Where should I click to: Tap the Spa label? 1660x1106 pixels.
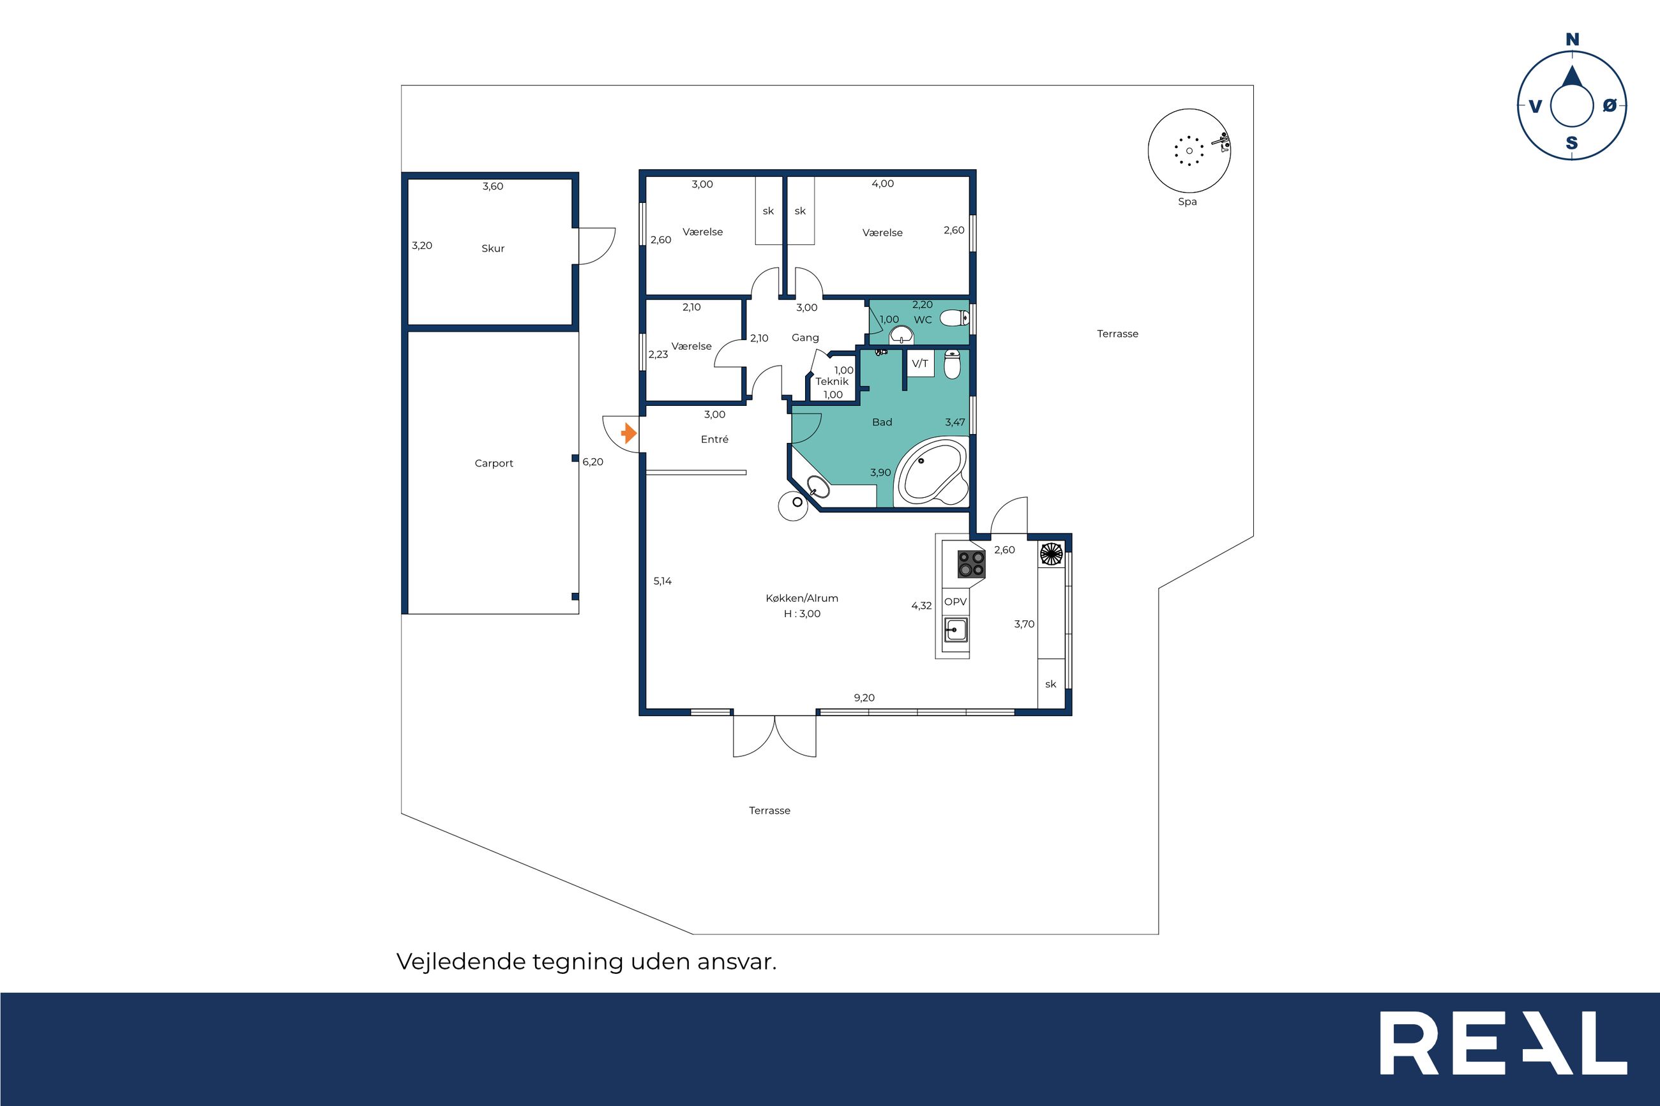pyautogui.click(x=1188, y=202)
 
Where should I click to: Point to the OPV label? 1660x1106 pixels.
pyautogui.click(x=955, y=602)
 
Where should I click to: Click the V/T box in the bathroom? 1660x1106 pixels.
pyautogui.click(x=920, y=364)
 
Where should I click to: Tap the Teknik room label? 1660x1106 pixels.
pyautogui.click(x=833, y=382)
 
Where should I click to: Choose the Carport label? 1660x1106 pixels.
pyautogui.click(x=494, y=463)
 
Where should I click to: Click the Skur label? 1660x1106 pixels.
pyautogui.click(x=493, y=248)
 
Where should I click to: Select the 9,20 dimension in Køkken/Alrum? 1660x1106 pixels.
pyautogui.click(x=864, y=698)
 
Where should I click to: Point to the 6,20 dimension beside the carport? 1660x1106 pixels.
pyautogui.click(x=592, y=462)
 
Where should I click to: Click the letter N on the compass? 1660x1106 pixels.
pyautogui.click(x=1573, y=40)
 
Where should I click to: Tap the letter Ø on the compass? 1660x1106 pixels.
pyautogui.click(x=1609, y=106)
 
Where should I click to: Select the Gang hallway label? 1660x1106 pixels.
pyautogui.click(x=805, y=338)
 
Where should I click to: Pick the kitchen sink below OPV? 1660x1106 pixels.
pyautogui.click(x=956, y=629)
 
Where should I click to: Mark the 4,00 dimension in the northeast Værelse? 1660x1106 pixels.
pyautogui.click(x=882, y=184)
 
